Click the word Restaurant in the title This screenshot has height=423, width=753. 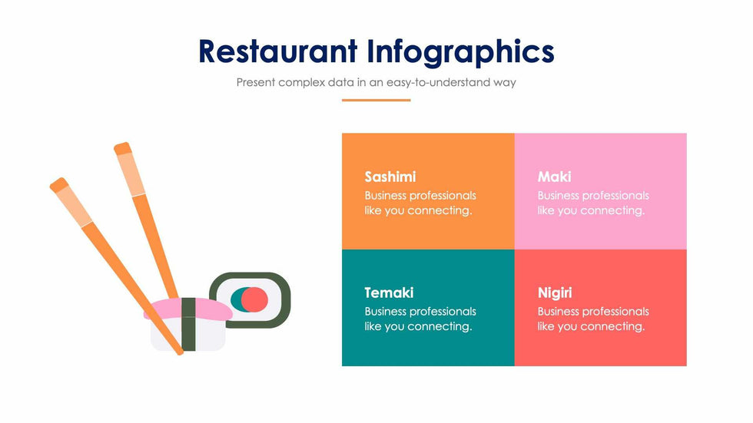[278, 51]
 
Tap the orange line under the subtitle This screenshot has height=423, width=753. [376, 101]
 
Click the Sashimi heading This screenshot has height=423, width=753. [390, 177]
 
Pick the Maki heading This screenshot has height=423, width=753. [554, 177]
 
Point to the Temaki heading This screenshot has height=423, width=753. [389, 292]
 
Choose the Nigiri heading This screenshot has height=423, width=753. [555, 293]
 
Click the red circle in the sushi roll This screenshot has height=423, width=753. [254, 299]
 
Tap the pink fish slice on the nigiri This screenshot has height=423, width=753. [211, 309]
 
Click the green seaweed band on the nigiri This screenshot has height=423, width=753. [189, 324]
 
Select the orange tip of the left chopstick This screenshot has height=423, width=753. [59, 185]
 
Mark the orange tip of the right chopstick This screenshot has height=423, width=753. [122, 148]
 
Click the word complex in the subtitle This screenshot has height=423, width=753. [301, 83]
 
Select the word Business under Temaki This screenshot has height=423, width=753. [385, 312]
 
